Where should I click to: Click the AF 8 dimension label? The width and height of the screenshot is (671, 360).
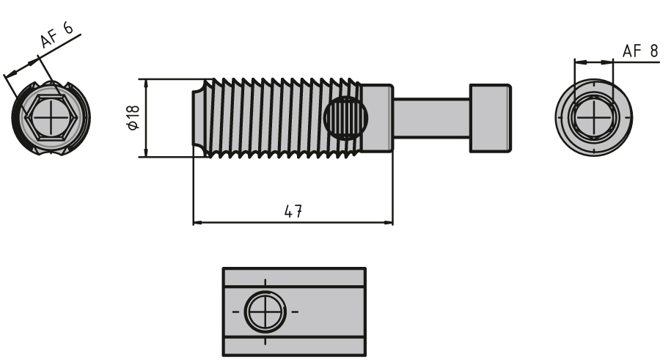click(639, 51)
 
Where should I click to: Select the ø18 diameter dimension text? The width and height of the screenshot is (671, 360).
click(131, 118)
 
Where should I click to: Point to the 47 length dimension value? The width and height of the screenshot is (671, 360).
click(294, 211)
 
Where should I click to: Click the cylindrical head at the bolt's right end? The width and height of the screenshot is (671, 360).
click(490, 117)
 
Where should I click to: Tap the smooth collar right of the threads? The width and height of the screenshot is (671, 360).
click(378, 117)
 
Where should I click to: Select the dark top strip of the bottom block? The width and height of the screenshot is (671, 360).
click(293, 278)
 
